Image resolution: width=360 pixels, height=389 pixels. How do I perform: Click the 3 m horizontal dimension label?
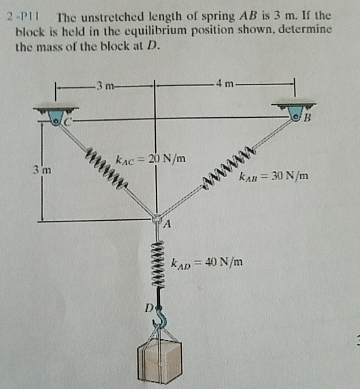(105, 84)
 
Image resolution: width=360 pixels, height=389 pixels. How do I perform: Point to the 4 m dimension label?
(225, 84)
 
